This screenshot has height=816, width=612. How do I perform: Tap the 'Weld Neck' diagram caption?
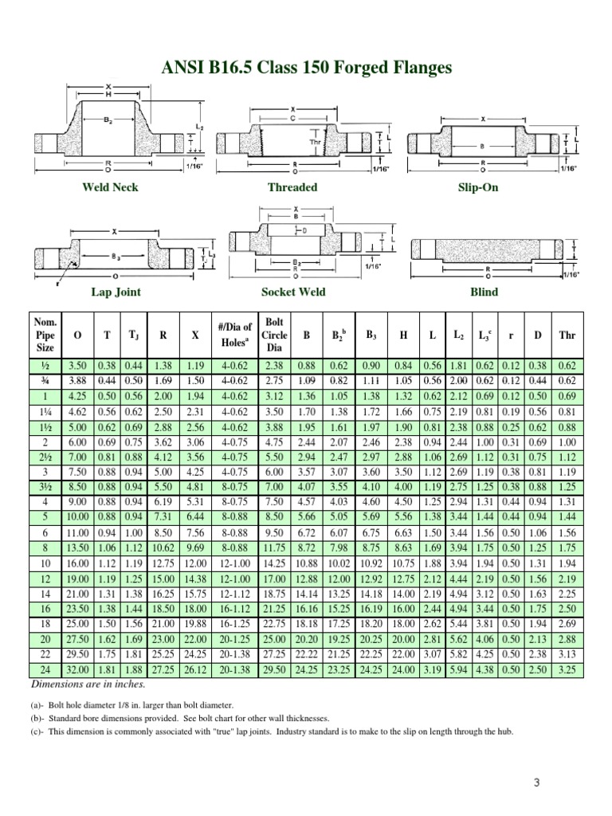[x=110, y=187]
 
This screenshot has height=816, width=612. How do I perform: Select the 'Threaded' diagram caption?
[x=292, y=187]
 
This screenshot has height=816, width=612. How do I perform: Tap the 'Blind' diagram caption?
[x=484, y=292]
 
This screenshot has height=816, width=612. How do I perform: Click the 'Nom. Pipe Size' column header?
[x=45, y=335]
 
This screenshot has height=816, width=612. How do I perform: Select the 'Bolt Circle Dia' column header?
[x=274, y=335]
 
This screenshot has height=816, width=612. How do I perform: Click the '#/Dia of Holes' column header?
[x=234, y=335]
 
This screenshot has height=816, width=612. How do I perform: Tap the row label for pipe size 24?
[x=45, y=670]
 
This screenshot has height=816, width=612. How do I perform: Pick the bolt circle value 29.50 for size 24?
[x=274, y=670]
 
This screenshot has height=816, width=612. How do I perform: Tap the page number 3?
[x=537, y=782]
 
